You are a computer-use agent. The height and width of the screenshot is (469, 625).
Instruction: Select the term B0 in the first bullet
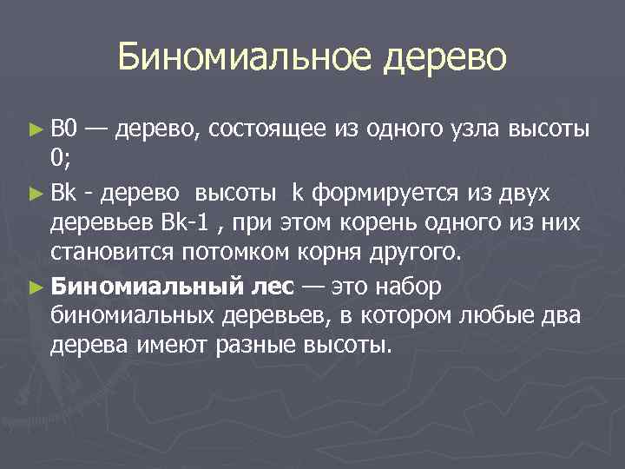click(x=64, y=130)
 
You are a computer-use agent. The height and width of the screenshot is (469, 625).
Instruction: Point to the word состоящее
click(x=269, y=130)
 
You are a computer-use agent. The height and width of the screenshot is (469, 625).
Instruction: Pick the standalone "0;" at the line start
click(x=61, y=160)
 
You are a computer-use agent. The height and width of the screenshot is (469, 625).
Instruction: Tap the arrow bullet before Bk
click(x=36, y=191)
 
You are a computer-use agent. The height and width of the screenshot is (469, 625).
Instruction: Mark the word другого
click(x=418, y=252)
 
